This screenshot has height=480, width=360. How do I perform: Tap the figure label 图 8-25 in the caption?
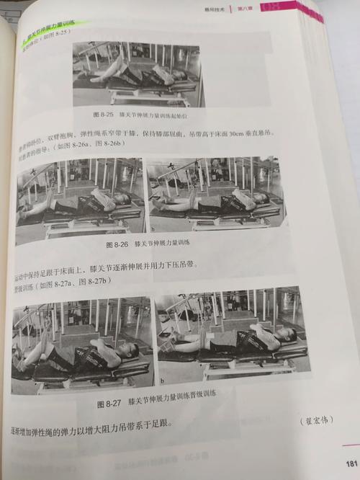click(106, 115)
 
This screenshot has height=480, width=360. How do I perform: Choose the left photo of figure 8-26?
click(78, 197)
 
